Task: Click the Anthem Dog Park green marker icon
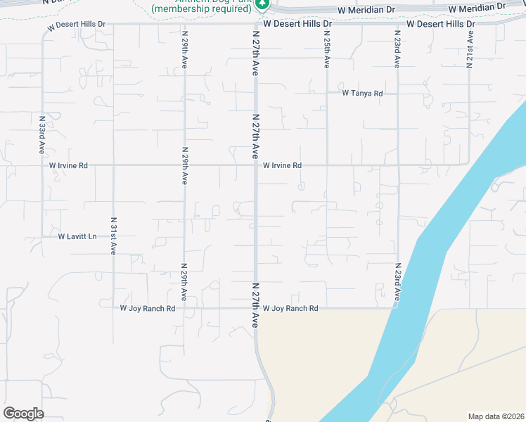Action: (x=262, y=4)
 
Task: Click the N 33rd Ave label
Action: (x=42, y=136)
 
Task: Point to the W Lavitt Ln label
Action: (x=73, y=236)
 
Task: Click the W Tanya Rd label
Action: (x=362, y=93)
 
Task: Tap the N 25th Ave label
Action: (x=327, y=49)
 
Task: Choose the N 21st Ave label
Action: (x=469, y=49)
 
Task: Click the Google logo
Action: (x=23, y=414)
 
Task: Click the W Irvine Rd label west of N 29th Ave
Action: (x=68, y=166)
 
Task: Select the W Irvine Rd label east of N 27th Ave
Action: (x=282, y=166)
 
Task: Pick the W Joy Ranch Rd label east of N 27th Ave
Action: (x=290, y=308)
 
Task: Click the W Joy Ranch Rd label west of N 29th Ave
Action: (x=147, y=308)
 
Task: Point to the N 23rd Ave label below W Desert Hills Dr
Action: (x=397, y=49)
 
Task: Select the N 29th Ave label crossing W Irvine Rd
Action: (x=184, y=165)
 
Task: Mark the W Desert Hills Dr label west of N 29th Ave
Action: (x=77, y=25)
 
